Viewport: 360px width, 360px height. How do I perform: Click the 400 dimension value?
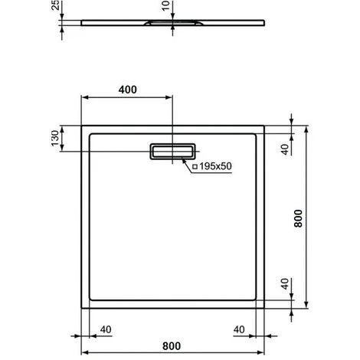click(127, 90)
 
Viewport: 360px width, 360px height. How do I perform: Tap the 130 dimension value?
click(54, 139)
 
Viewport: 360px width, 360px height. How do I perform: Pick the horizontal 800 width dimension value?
click(175, 346)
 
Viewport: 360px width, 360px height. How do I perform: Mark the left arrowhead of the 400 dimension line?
click(85, 97)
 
